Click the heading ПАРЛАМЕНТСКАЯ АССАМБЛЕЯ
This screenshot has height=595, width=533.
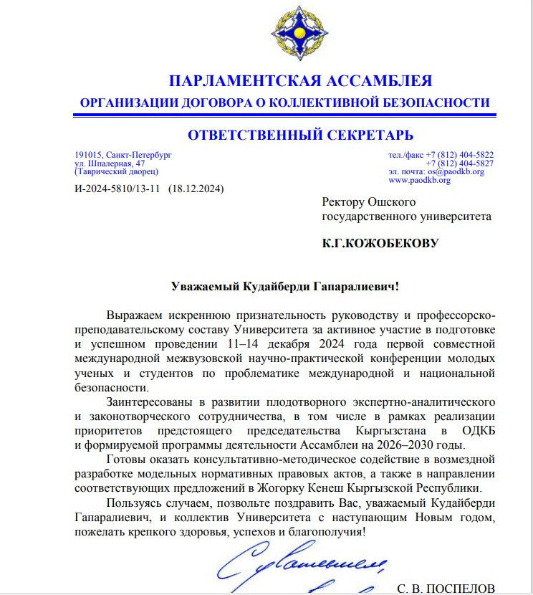coord(300,80)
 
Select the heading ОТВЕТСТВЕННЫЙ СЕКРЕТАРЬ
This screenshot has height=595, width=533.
coord(300,135)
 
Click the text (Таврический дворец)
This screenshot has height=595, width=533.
coord(116,172)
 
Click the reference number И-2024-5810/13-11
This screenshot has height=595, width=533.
coord(118,190)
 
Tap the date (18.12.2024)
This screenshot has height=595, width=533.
coord(196,190)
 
